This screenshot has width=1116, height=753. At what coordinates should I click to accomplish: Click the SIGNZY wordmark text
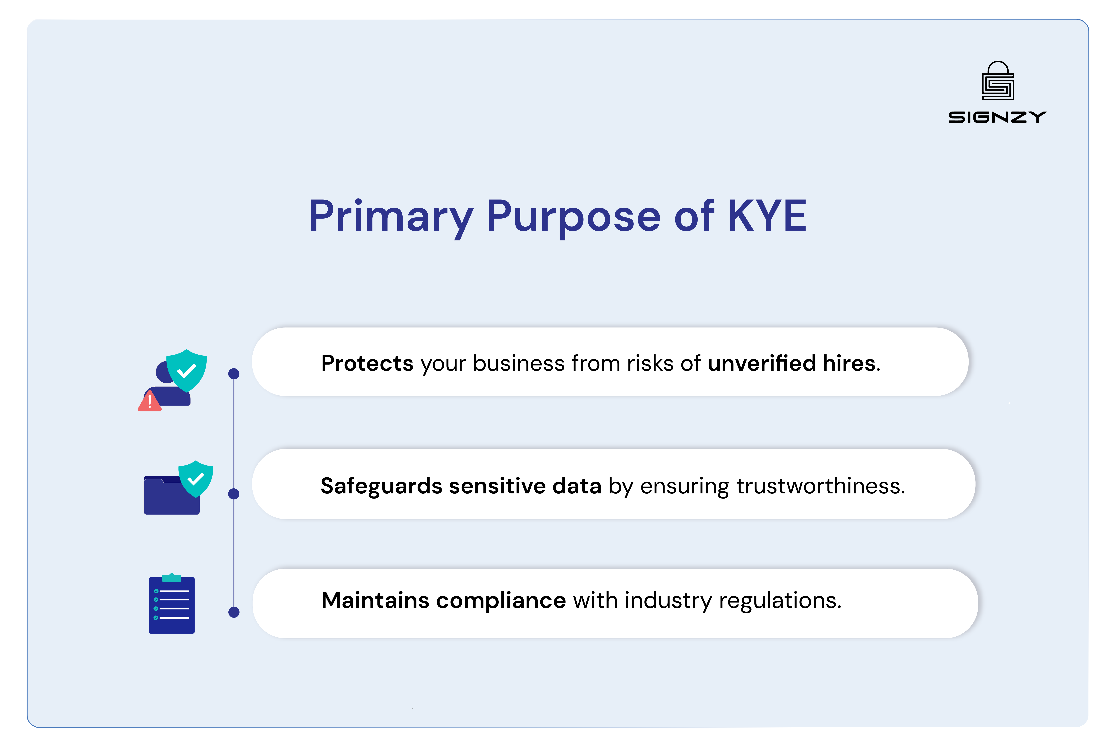point(997,117)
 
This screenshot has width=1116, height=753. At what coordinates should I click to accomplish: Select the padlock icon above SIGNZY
point(998,81)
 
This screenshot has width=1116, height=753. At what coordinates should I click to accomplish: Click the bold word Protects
point(367,363)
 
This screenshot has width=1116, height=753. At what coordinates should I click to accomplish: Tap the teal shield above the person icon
point(187,370)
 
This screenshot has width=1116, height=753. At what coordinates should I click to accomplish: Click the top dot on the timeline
point(234,373)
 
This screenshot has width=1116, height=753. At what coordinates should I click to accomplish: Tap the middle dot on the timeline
point(234,493)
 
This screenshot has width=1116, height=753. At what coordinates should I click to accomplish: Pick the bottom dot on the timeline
point(234,612)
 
